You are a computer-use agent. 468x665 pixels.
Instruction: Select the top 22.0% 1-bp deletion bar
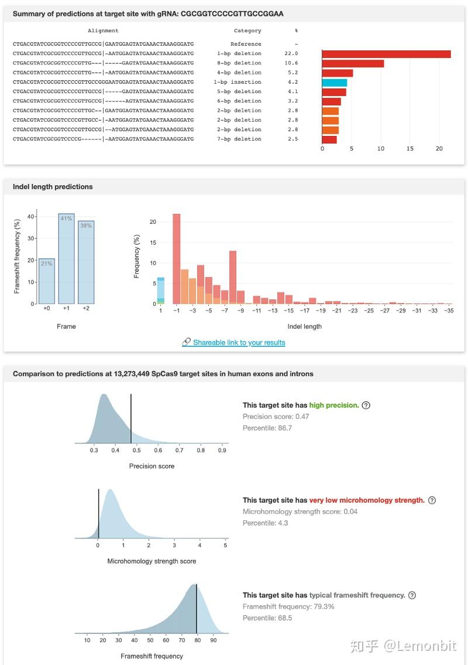[x=386, y=54]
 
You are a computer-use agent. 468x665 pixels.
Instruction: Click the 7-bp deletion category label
[x=238, y=139]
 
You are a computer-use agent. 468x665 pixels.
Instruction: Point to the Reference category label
[x=246, y=44]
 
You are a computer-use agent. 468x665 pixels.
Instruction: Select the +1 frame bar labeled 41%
[x=66, y=258]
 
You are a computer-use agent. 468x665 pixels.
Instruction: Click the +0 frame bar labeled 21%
[x=46, y=281]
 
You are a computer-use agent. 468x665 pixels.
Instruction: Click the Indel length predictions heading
[x=53, y=186]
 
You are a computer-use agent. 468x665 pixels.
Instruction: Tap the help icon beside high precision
[x=366, y=405]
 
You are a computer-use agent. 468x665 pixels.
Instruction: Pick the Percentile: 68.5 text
[x=267, y=618]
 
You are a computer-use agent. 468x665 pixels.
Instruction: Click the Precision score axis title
[x=152, y=466]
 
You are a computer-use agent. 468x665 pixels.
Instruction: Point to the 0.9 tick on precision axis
[x=222, y=451]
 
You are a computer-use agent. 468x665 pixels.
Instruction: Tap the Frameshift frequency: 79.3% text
[x=288, y=606]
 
